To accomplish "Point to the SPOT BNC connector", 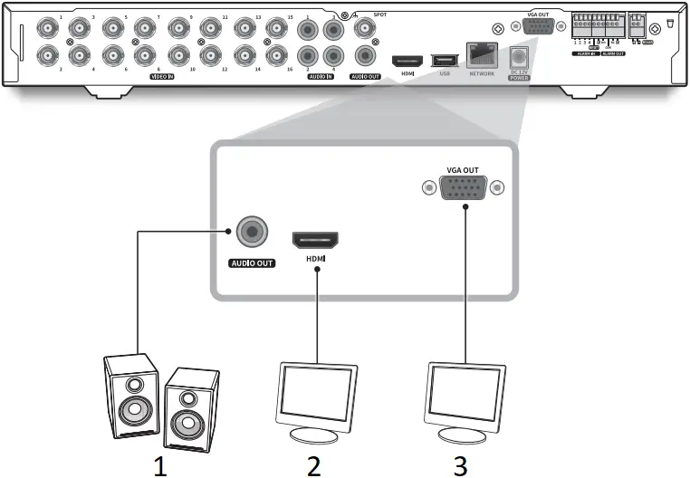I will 367,29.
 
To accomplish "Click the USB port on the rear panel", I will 444,60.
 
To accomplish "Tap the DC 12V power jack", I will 519,57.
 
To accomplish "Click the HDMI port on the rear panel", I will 407,61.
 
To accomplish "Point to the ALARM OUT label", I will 614,54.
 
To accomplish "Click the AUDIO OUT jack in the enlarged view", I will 250,234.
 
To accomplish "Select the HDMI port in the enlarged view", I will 314,241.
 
